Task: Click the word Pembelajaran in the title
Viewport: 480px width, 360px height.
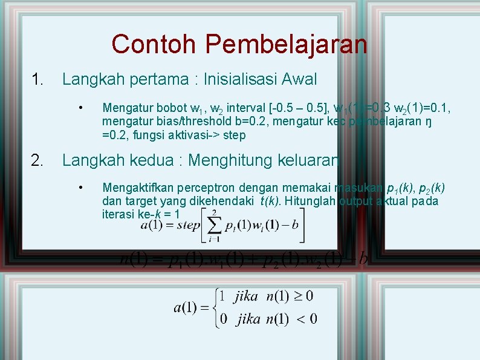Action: click(286, 44)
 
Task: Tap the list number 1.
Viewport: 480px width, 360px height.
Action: click(37, 79)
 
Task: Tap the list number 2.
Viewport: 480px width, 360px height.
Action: click(37, 160)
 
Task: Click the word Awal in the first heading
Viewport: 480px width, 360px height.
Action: click(299, 79)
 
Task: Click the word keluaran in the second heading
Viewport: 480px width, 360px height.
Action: click(310, 160)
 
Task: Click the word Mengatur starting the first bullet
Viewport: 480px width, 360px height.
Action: click(126, 109)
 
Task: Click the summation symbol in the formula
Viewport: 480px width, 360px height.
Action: click(215, 225)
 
